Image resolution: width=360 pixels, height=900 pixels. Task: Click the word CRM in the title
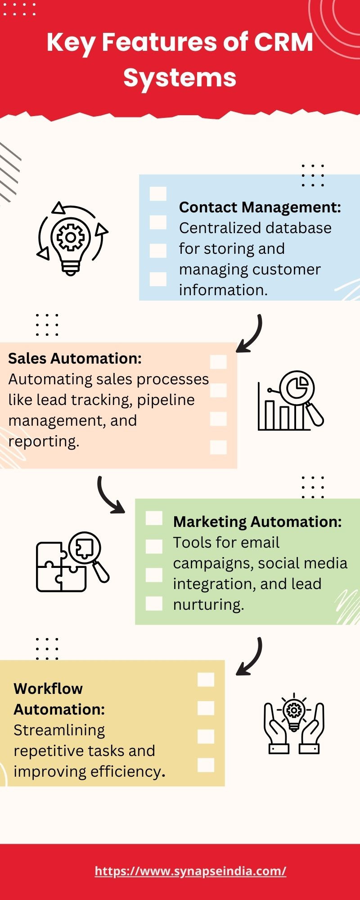(x=283, y=42)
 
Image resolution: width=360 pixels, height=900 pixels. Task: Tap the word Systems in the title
(x=180, y=78)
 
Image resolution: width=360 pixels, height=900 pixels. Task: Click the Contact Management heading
(x=260, y=207)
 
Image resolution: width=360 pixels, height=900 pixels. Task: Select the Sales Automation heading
(x=75, y=358)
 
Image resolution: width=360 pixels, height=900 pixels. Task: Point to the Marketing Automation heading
(x=257, y=522)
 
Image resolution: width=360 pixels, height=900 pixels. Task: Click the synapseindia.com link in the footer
(x=190, y=871)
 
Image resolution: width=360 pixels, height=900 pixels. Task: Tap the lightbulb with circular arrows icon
(x=72, y=238)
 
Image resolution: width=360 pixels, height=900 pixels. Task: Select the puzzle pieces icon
(x=72, y=562)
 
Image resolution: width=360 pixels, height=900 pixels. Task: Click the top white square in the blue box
(x=158, y=194)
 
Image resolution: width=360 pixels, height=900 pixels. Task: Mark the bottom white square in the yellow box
(x=206, y=765)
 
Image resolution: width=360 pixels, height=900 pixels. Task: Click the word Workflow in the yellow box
(x=48, y=688)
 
